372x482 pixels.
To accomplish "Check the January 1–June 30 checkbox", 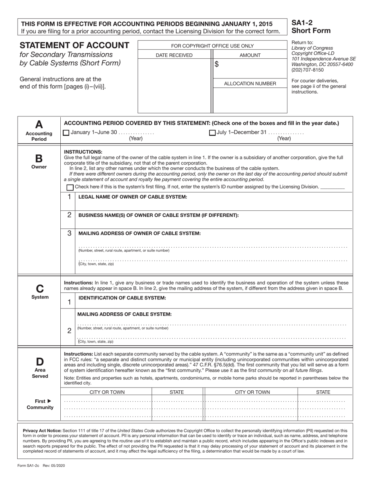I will (x=66, y=132).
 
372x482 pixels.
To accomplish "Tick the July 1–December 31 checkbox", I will (x=212, y=132).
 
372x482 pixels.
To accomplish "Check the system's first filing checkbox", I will (x=70, y=187).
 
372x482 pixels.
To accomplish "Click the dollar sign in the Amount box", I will (x=217, y=65).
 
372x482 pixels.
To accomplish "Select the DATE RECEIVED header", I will (x=174, y=55).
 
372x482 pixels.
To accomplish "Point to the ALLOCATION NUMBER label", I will (x=250, y=83).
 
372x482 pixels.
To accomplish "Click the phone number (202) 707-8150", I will (x=307, y=70).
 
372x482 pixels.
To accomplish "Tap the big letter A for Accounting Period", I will (x=39, y=125).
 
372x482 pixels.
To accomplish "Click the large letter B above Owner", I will (x=39, y=158).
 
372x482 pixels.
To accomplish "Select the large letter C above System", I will (x=40, y=288).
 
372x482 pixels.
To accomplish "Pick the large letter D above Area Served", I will (x=40, y=361).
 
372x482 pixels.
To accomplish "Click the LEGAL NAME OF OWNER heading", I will (x=133, y=196).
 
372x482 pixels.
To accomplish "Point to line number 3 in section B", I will (x=69, y=233).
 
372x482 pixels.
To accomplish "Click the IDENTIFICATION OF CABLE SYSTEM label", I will (x=122, y=298).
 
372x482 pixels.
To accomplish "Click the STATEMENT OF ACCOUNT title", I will (x=74, y=45).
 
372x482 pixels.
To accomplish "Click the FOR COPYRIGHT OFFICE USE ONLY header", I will (x=212, y=46).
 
